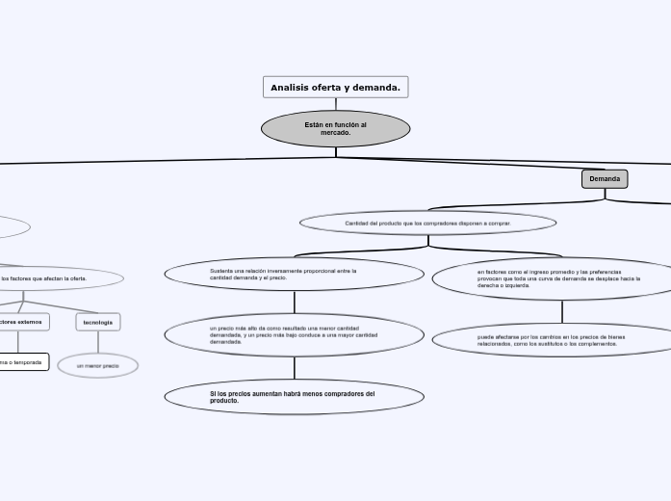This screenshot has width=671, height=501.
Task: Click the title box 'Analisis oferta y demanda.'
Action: [335, 88]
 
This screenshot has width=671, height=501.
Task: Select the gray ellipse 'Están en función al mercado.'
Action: [335, 128]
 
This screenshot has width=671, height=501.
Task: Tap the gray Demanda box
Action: [605, 179]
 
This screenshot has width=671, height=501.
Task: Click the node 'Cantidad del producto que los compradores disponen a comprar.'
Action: [427, 224]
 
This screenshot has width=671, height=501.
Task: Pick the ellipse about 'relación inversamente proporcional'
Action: [294, 274]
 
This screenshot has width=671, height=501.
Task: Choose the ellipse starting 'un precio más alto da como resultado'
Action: [294, 334]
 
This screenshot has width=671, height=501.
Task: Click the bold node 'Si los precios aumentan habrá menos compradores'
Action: [294, 396]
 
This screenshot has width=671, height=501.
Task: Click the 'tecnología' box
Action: [98, 322]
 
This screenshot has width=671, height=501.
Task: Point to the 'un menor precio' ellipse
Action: [98, 366]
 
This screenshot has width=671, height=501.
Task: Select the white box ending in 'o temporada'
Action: [21, 362]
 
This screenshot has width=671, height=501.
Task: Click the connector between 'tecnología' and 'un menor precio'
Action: [98, 342]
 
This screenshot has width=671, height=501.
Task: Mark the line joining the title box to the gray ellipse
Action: [336, 104]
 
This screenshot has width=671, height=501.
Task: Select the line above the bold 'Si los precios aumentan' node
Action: [294, 368]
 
